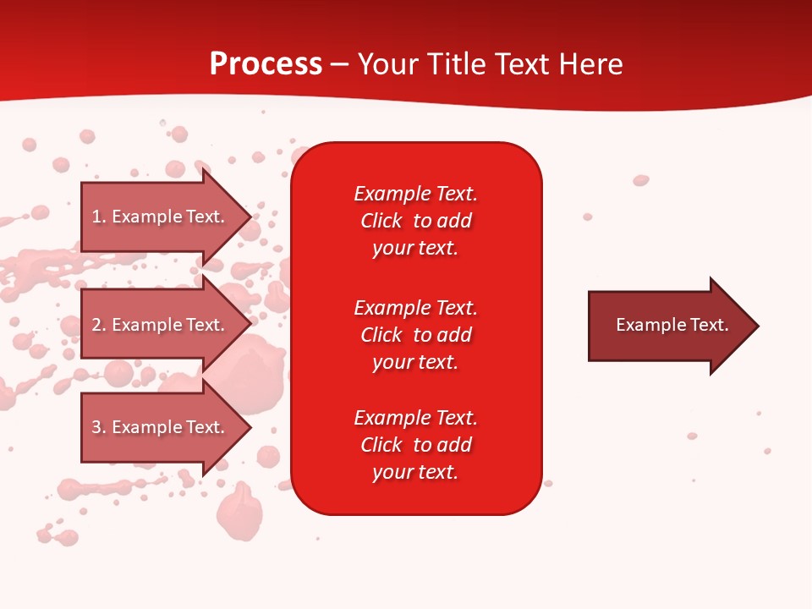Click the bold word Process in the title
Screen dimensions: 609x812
point(266,64)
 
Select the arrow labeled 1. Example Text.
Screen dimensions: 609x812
point(161,217)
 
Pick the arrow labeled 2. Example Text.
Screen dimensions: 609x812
point(161,325)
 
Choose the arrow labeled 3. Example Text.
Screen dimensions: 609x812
point(161,427)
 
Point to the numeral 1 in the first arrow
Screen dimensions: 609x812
point(96,217)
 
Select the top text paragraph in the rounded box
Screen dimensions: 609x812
point(415,221)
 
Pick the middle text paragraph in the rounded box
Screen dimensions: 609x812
point(415,335)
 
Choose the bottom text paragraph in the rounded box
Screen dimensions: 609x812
point(415,445)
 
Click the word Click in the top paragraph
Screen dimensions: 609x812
point(381,221)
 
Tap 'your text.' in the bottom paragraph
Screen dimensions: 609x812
point(415,472)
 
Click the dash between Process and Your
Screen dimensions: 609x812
point(339,65)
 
